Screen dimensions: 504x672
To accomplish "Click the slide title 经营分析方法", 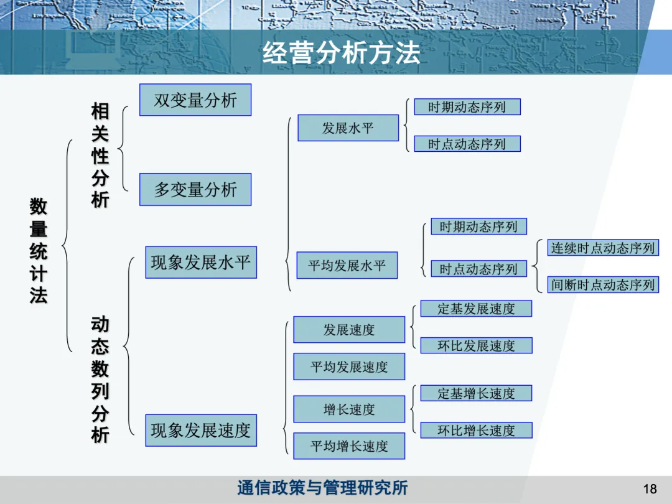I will [x=341, y=53].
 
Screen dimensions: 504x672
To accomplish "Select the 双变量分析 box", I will [x=195, y=100].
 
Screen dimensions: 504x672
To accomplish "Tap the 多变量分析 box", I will [x=195, y=190].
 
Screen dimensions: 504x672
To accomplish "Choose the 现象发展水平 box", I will [x=201, y=263].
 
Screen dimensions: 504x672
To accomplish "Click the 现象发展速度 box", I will [x=201, y=431].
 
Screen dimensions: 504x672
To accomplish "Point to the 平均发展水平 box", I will [x=347, y=266].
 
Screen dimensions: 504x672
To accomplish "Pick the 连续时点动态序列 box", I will [x=603, y=248].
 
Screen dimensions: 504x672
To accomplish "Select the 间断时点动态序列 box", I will [x=603, y=285].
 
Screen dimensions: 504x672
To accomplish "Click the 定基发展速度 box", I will [x=476, y=309].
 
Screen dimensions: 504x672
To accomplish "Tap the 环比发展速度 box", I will [x=476, y=345].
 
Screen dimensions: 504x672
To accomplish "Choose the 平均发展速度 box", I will [x=349, y=367].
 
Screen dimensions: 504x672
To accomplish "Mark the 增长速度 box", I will [x=349, y=409].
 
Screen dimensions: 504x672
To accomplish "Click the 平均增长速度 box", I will [x=349, y=446].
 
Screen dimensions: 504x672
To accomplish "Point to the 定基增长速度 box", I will [x=476, y=393].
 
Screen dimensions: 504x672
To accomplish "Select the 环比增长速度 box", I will [x=476, y=431].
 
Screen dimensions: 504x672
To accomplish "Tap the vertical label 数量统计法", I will [x=39, y=251].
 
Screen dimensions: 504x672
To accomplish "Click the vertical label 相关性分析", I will [x=100, y=156].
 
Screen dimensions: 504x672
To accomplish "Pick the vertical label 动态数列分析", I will [x=100, y=380].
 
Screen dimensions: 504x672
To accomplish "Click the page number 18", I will [x=650, y=489].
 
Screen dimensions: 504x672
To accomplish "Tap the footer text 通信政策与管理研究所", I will [x=322, y=488].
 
